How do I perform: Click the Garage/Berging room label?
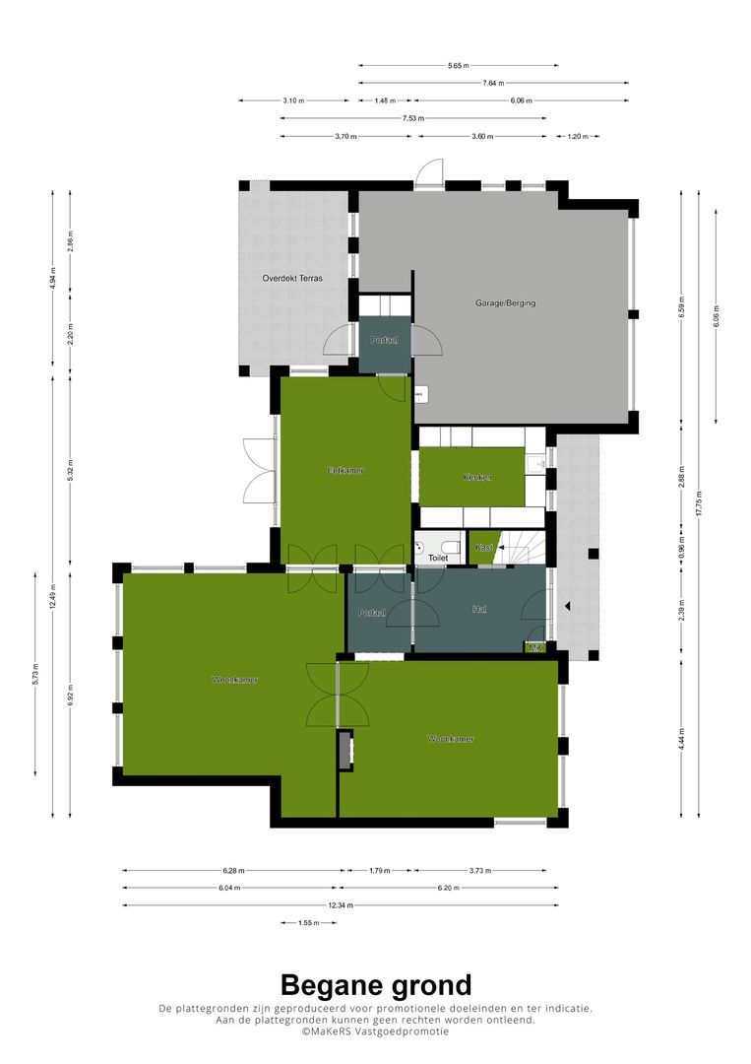(x=506, y=303)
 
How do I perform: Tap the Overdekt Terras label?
(x=292, y=279)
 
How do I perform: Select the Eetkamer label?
(x=345, y=471)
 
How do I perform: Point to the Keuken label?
(x=477, y=478)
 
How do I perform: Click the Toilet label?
(x=438, y=558)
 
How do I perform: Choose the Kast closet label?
(x=483, y=548)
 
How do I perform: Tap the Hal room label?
(x=479, y=611)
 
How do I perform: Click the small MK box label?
(x=535, y=647)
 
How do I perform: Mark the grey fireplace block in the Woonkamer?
(x=344, y=751)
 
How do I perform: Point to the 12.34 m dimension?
(x=340, y=905)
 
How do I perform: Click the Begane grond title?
(x=375, y=984)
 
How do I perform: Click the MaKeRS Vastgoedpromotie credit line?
(x=375, y=1031)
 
